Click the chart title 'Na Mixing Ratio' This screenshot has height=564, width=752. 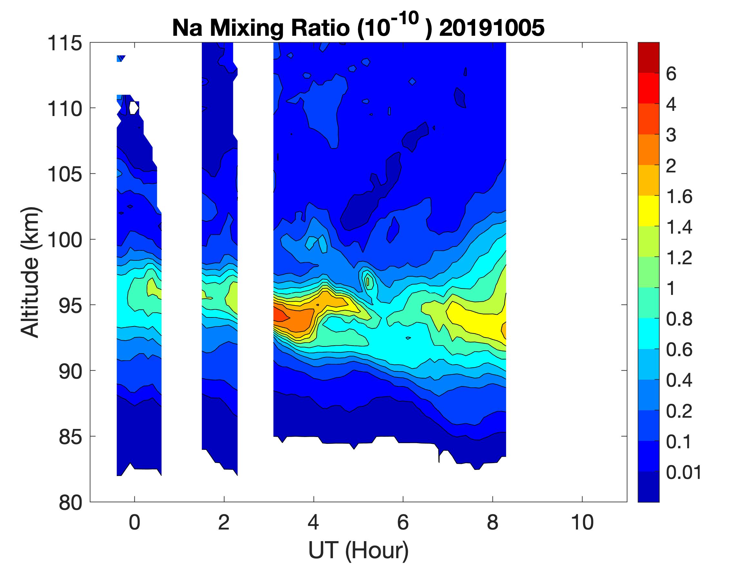click(x=260, y=28)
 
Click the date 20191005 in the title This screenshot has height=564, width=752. click(x=492, y=28)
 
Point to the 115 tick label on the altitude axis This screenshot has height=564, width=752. click(x=64, y=44)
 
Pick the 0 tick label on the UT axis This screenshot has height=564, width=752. click(x=134, y=523)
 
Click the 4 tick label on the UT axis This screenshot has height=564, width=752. click(x=313, y=523)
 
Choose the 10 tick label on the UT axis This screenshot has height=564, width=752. click(x=582, y=523)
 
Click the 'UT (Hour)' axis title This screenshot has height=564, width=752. click(x=358, y=550)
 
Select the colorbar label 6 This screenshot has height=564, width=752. click(x=671, y=74)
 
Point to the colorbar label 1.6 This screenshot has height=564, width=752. click(x=679, y=197)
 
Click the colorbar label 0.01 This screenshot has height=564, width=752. click(x=684, y=472)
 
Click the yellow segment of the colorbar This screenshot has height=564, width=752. click(x=648, y=211)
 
